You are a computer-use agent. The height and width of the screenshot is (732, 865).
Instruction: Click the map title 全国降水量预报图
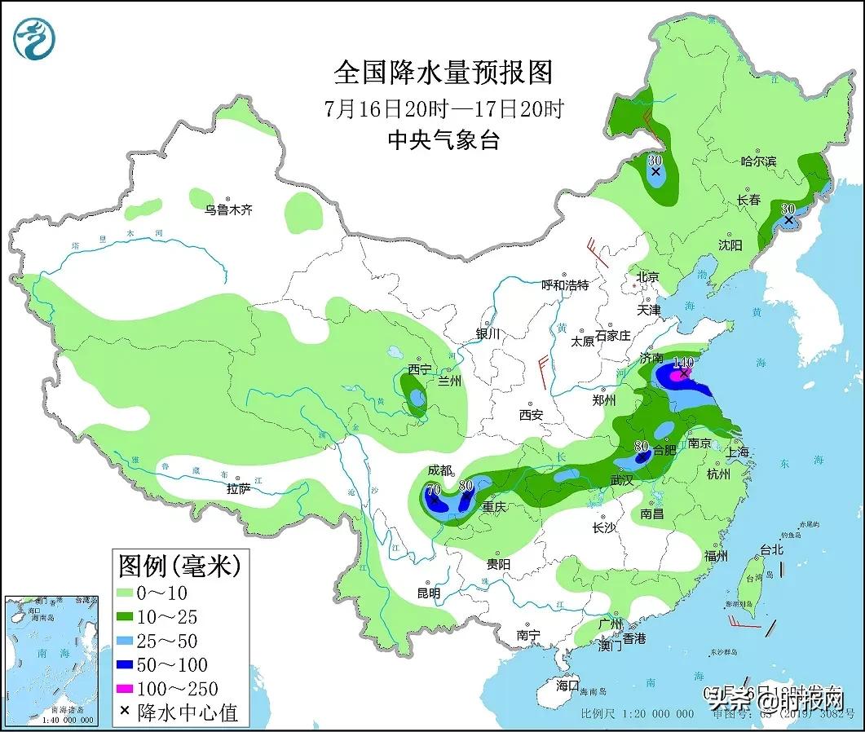coord(443,73)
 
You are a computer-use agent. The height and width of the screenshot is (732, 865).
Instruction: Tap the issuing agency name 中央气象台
coord(443,140)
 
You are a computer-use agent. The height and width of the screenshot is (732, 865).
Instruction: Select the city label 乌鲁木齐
coord(228,210)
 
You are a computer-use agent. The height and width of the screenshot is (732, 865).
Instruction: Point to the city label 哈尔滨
coord(758,162)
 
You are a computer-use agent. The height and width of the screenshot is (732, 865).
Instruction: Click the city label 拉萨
coord(238,489)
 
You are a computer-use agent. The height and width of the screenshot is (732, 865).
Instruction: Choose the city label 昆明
coord(428,593)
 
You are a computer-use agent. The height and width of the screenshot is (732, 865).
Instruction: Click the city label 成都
coord(440,470)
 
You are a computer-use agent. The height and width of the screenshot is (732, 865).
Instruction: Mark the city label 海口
coord(567,686)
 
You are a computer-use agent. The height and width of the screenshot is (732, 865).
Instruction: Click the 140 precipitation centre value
coord(682,362)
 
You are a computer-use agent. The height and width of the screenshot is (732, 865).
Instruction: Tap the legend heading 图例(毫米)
coord(180,564)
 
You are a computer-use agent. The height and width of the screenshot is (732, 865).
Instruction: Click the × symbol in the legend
coord(125,711)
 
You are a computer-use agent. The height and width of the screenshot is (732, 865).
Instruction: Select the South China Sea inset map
coord(50,660)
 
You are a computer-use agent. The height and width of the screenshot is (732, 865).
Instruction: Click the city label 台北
coord(770,550)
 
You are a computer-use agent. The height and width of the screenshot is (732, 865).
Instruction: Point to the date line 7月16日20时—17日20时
coord(443,108)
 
